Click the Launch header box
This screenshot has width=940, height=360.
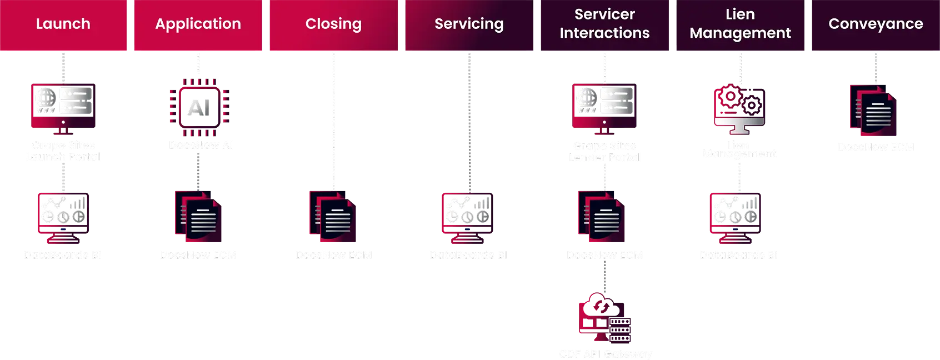click(x=63, y=25)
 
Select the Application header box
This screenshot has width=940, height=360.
click(x=198, y=25)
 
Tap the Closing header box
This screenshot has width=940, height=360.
click(x=333, y=25)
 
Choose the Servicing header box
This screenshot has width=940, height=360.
click(x=469, y=25)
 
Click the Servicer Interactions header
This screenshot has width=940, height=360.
click(x=604, y=25)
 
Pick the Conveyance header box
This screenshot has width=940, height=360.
click(x=876, y=25)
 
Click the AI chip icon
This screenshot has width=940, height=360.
click(x=199, y=107)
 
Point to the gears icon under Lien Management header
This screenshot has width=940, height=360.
click(x=739, y=108)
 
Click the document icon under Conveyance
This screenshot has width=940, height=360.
click(x=874, y=111)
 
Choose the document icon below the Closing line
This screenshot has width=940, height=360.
click(x=333, y=218)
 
